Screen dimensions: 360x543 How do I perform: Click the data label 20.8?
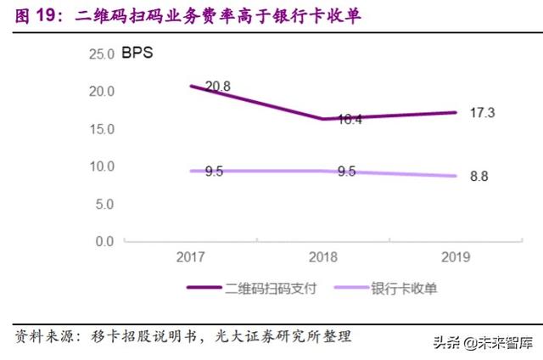click(218, 86)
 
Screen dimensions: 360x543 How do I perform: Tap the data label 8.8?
click(478, 176)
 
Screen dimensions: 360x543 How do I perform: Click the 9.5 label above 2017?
click(214, 172)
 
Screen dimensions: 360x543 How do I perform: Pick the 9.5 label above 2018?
click(346, 172)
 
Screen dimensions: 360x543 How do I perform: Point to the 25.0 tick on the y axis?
click(100, 53)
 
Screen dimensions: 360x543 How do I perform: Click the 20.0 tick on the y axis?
click(100, 92)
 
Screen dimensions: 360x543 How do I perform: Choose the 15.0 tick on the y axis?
click(100, 129)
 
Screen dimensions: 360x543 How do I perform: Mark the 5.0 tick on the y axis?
click(104, 204)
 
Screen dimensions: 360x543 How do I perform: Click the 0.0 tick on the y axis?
click(104, 241)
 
